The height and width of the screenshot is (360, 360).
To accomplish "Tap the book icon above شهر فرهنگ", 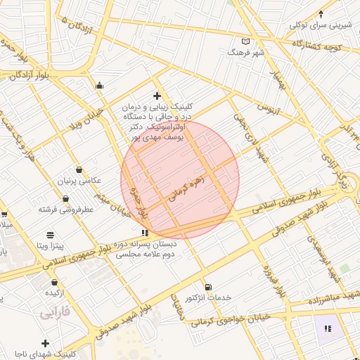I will (x=245, y=41).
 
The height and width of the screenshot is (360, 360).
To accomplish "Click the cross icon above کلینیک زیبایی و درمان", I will (x=157, y=96).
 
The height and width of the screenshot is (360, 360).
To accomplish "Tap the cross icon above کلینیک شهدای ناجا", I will (x=46, y=343).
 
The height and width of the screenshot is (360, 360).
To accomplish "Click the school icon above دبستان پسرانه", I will (x=145, y=232).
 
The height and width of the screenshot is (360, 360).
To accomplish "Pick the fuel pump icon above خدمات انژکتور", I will (x=208, y=287).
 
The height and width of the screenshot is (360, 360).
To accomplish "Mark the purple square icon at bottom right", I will (x=326, y=328).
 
